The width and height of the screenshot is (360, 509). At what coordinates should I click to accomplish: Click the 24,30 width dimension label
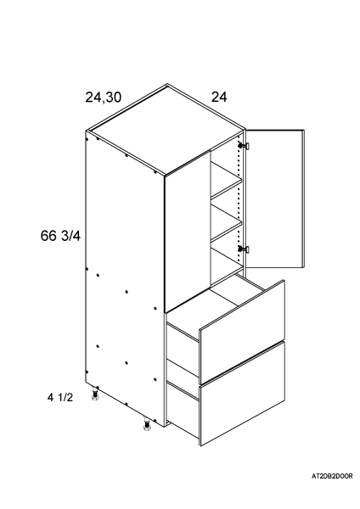(x=104, y=97)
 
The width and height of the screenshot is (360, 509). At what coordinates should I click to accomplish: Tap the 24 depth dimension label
(x=219, y=97)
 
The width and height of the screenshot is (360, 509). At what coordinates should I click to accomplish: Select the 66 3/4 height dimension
(x=60, y=236)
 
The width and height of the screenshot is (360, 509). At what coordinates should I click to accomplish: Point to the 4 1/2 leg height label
(x=60, y=397)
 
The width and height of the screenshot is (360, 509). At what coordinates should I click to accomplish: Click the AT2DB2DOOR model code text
(x=332, y=476)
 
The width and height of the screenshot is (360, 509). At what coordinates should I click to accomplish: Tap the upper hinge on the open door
(x=244, y=146)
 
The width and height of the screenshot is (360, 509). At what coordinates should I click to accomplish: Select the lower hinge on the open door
(x=244, y=249)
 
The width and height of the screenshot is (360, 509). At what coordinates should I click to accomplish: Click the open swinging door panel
(x=274, y=199)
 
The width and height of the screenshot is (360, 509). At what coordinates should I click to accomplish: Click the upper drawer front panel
(x=242, y=332)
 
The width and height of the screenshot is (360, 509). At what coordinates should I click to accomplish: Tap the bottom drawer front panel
(x=242, y=394)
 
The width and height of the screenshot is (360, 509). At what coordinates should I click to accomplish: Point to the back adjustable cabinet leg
(x=96, y=394)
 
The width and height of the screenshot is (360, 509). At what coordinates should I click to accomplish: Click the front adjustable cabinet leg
(x=147, y=424)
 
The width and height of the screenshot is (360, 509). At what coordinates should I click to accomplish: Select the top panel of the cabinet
(x=166, y=130)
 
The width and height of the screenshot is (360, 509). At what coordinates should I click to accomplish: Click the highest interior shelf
(x=227, y=180)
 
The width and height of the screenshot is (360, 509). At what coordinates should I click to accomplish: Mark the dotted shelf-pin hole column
(x=239, y=198)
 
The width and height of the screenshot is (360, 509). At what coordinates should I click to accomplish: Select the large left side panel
(x=125, y=279)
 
